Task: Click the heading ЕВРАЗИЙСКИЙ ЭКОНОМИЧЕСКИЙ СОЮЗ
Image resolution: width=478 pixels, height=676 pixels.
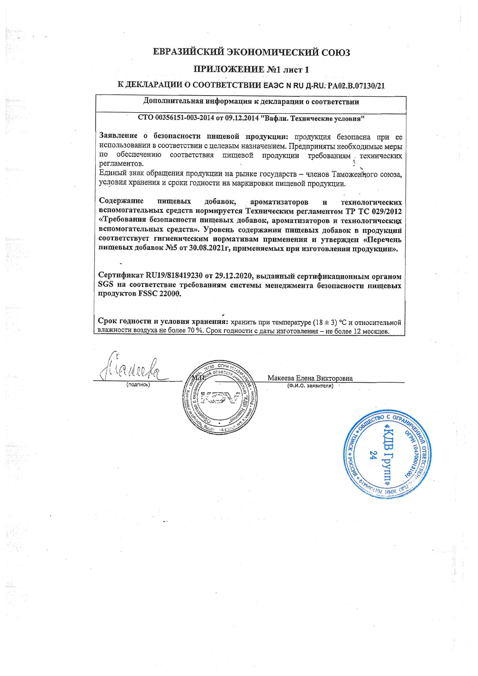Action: (251, 52)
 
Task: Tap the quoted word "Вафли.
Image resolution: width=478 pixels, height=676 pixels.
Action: (274, 118)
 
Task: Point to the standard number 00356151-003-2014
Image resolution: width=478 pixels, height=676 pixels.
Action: (180, 118)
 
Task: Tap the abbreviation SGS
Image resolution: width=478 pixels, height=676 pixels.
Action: (106, 285)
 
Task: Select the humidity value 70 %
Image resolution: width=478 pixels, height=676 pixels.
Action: (195, 331)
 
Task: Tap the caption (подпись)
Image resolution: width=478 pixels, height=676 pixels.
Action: (138, 385)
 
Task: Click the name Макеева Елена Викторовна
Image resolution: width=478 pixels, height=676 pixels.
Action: (310, 378)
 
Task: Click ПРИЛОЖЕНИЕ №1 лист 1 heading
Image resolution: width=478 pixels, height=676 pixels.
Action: (251, 70)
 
